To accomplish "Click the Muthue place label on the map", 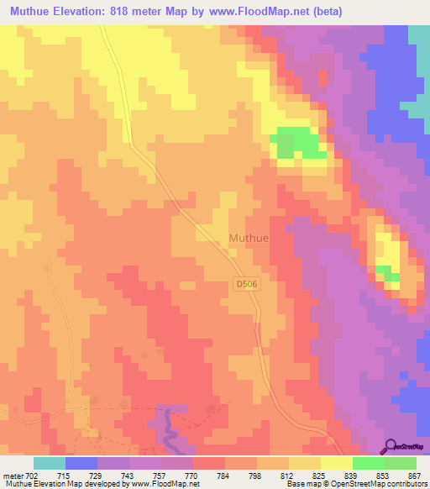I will tap(249, 238).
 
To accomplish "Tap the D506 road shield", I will tap(245, 285).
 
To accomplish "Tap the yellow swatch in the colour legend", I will tap(336, 464).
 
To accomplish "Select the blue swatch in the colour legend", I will tap(81, 464).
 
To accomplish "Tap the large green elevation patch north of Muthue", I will tap(298, 143).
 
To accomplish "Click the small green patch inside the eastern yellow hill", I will tap(385, 271).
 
